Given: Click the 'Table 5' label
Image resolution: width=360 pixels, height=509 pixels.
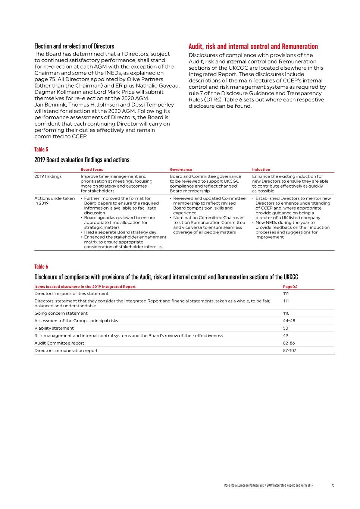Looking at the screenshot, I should click(41, 150).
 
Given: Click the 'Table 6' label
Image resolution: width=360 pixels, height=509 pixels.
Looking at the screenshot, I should click(41, 267).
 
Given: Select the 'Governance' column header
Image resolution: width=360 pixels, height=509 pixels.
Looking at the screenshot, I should click(181, 170).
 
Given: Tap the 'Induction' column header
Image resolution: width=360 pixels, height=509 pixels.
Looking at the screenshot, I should click(261, 170).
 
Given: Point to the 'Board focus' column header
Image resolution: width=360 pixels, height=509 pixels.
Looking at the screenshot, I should click(92, 170).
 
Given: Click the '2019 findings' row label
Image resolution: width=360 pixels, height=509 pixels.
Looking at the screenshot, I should click(48, 176).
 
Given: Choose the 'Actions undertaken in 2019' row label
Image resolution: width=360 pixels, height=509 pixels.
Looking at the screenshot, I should click(54, 201).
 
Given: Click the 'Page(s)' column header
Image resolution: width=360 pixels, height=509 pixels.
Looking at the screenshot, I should click(290, 287).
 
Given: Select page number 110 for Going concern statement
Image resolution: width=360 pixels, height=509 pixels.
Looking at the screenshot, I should click(286, 313).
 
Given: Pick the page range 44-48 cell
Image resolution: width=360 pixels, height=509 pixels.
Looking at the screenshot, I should click(289, 321).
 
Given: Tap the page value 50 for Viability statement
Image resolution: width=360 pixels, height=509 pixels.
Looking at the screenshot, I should click(285, 328).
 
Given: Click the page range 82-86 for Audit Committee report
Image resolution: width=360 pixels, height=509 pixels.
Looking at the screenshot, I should click(289, 343).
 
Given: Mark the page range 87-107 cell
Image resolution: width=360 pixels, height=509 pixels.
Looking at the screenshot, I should click(289, 351).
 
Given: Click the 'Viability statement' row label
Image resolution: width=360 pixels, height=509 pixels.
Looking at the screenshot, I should click(54, 328).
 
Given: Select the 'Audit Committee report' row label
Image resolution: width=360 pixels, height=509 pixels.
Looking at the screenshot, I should click(59, 343).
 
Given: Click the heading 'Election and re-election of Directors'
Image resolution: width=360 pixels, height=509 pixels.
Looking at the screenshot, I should click(74, 46).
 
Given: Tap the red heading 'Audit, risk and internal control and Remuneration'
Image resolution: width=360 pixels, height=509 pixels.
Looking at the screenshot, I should click(253, 47).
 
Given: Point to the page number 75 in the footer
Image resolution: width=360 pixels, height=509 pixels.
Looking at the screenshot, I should click(333, 485).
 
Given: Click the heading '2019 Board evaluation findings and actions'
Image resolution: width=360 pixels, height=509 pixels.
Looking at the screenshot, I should click(82, 160).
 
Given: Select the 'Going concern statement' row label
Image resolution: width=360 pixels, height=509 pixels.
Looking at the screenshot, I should click(61, 313).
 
